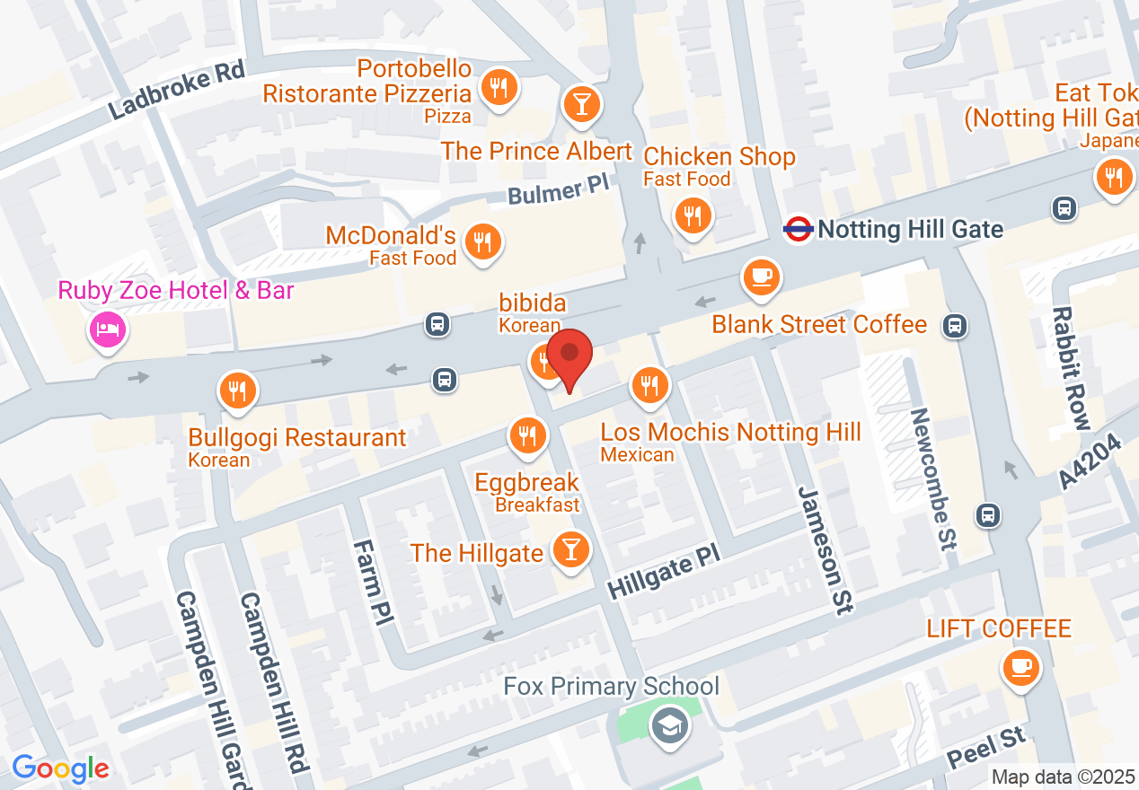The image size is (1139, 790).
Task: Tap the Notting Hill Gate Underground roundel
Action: (798, 229)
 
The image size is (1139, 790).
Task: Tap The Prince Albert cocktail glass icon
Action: (581, 104)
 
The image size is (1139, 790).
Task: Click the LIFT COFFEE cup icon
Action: (1020, 667)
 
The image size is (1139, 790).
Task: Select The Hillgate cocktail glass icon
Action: (569, 548)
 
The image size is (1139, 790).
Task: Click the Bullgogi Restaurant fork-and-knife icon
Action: (238, 391)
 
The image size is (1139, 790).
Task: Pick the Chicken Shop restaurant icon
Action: (693, 216)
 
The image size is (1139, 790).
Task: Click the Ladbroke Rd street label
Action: (177, 92)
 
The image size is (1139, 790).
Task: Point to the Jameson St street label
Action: (824, 549)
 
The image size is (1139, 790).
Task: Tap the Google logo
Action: (60, 768)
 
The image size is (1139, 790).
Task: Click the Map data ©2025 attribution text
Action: (1063, 777)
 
